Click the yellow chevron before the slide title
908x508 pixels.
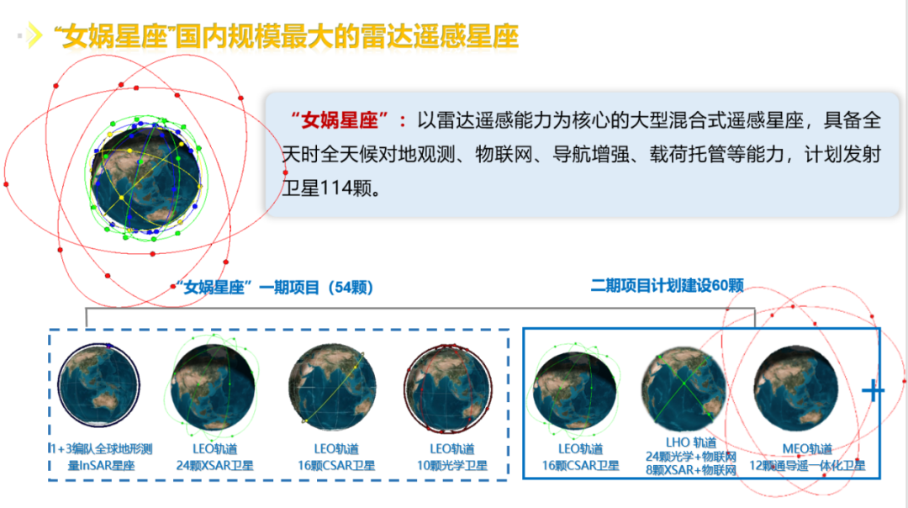[x=34, y=35]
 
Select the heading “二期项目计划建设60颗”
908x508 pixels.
[x=667, y=286]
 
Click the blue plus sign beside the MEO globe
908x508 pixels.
[x=874, y=391]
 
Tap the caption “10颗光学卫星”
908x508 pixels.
[x=451, y=465]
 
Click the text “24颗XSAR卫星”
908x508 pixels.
[x=215, y=465]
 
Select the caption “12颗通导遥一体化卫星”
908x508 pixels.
[x=807, y=465]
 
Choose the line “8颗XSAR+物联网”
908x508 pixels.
[x=690, y=470]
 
